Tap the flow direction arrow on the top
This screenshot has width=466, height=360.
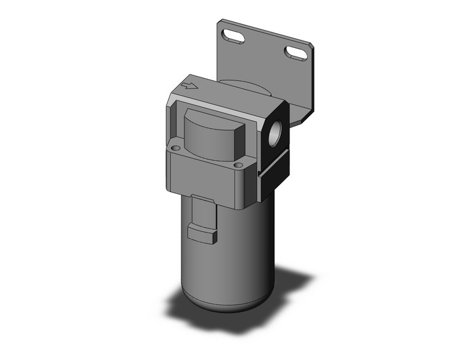pyautogui.click(x=190, y=86)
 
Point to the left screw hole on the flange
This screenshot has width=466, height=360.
pyautogui.click(x=176, y=148)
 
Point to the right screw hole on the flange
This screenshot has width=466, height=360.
pyautogui.click(x=237, y=164)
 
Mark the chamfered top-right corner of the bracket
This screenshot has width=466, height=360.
pyautogui.click(x=310, y=47)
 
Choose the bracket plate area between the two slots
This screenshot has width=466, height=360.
pyautogui.click(x=265, y=49)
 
